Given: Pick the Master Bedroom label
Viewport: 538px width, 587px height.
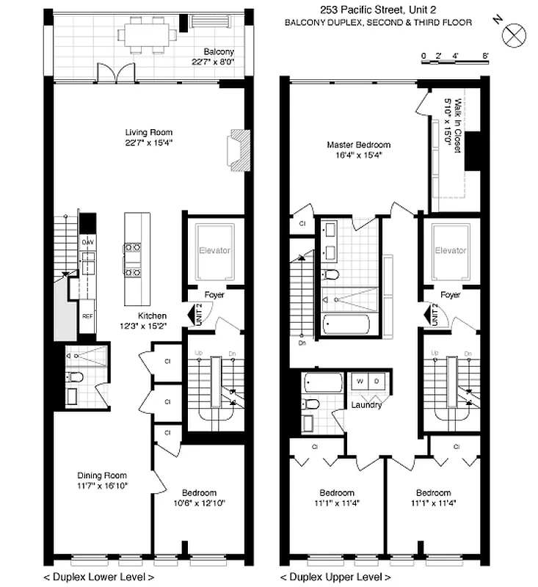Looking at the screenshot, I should click(358, 150).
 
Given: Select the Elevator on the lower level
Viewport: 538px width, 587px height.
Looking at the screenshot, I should click(214, 250).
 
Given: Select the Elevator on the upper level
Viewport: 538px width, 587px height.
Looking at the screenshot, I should click(449, 250).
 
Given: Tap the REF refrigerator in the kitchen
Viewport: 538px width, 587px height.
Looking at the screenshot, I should click(87, 316).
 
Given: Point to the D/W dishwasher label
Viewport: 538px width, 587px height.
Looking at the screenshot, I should click(87, 241).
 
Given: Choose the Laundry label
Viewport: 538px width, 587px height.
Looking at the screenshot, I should click(365, 404).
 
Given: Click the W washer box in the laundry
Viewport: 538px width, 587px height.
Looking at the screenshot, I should click(360, 382).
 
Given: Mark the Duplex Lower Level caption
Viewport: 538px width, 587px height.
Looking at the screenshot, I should click(99, 577).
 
